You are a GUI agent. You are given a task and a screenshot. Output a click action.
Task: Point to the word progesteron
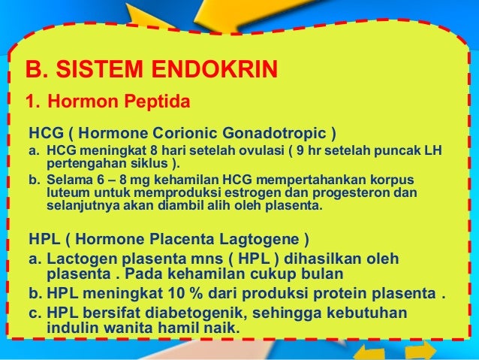(353, 193)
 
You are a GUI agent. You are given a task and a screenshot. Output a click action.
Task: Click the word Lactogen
(82, 259)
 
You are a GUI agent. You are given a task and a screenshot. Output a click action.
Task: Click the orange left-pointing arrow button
(369, 352)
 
